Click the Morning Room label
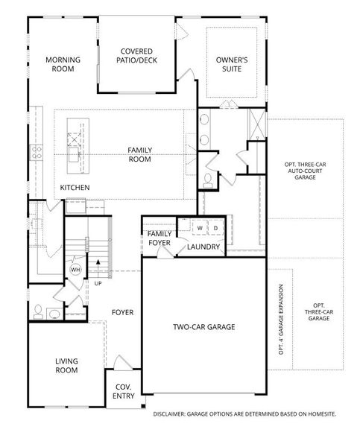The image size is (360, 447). [63, 64]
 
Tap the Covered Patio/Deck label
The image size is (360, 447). [136, 56]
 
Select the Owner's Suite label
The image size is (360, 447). [232, 64]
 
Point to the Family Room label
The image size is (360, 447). [140, 154]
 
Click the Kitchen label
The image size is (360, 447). [75, 188]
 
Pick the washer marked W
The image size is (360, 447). [200, 228]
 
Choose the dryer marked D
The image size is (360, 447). [215, 228]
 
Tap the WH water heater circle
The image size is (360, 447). [75, 270]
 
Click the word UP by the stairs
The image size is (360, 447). [98, 284]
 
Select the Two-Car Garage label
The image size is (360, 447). [204, 327]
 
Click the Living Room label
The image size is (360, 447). [66, 366]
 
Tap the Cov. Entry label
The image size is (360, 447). [124, 391]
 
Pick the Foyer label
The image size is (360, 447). [123, 312]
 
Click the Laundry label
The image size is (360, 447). [203, 247]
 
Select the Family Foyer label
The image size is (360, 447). [160, 238]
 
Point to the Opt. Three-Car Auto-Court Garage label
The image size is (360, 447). [305, 171]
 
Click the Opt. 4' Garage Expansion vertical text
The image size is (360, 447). [281, 320]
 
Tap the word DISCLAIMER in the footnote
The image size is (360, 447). [169, 414]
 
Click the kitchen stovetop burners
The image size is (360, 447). [37, 152]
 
